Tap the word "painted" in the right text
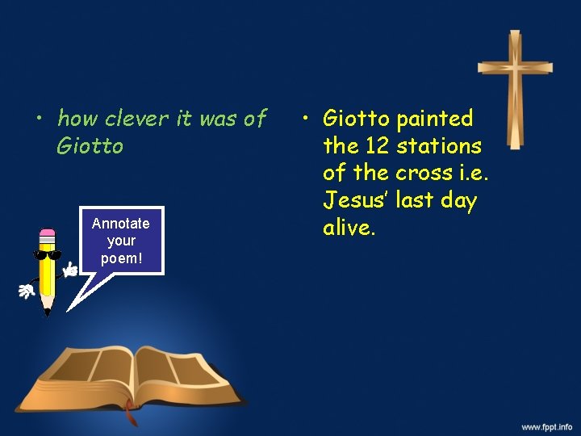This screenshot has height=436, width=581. click(x=435, y=119)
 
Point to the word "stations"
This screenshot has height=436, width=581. click(x=439, y=146)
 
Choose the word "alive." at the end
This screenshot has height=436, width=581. click(x=349, y=228)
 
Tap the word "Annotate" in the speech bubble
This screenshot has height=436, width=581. click(x=120, y=223)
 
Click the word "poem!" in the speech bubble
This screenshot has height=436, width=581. click(x=120, y=258)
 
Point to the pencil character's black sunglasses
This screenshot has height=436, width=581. click(x=47, y=255)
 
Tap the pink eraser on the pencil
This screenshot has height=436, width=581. click(x=47, y=235)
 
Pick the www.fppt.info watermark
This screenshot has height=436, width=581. click(x=546, y=426)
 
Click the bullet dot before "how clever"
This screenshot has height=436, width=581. click(x=38, y=119)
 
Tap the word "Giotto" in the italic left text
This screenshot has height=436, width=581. click(x=90, y=146)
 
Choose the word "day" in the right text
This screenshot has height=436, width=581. click(x=459, y=201)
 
